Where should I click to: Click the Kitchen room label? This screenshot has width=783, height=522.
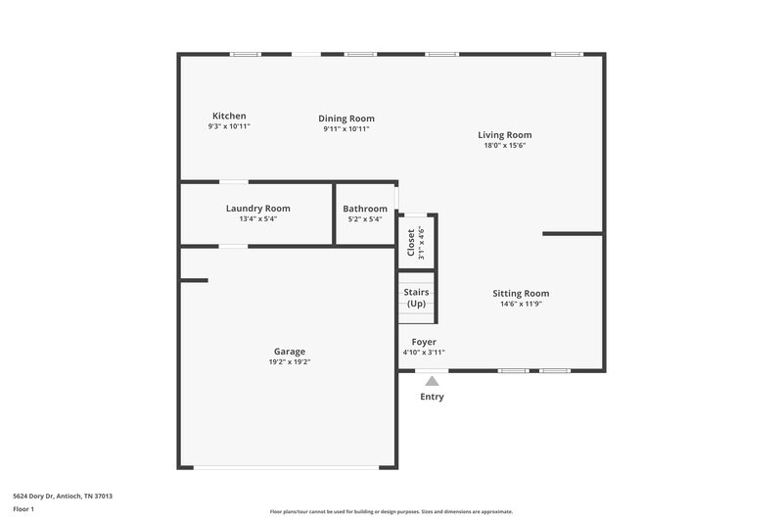pyautogui.click(x=229, y=116)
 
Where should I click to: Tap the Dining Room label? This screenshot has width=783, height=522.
pyautogui.click(x=345, y=119)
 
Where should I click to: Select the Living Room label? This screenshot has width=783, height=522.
pyautogui.click(x=504, y=135)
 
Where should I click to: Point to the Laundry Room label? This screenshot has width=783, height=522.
pyautogui.click(x=257, y=209)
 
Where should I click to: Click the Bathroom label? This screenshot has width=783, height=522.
pyautogui.click(x=365, y=209)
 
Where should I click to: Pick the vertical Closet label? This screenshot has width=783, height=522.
pyautogui.click(x=411, y=243)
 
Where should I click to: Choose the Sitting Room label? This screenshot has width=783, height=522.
pyautogui.click(x=520, y=293)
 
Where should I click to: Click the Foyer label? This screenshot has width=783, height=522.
pyautogui.click(x=424, y=342)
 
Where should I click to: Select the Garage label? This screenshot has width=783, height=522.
pyautogui.click(x=289, y=352)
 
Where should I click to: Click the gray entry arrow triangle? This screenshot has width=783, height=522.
pyautogui.click(x=432, y=380)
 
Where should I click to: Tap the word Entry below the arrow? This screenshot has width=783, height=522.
pyautogui.click(x=432, y=397)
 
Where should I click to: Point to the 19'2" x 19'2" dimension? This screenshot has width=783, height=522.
pyautogui.click(x=289, y=362)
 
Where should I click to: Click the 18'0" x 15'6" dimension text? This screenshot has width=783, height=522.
pyautogui.click(x=504, y=146)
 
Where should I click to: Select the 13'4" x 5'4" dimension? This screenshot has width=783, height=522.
pyautogui.click(x=257, y=219)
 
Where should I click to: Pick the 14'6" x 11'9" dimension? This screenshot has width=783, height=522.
pyautogui.click(x=520, y=304)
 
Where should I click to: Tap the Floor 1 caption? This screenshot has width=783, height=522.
pyautogui.click(x=24, y=510)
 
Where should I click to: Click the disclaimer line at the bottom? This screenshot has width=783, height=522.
pyautogui.click(x=391, y=511)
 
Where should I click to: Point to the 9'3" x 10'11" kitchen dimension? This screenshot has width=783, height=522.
pyautogui.click(x=229, y=126)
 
